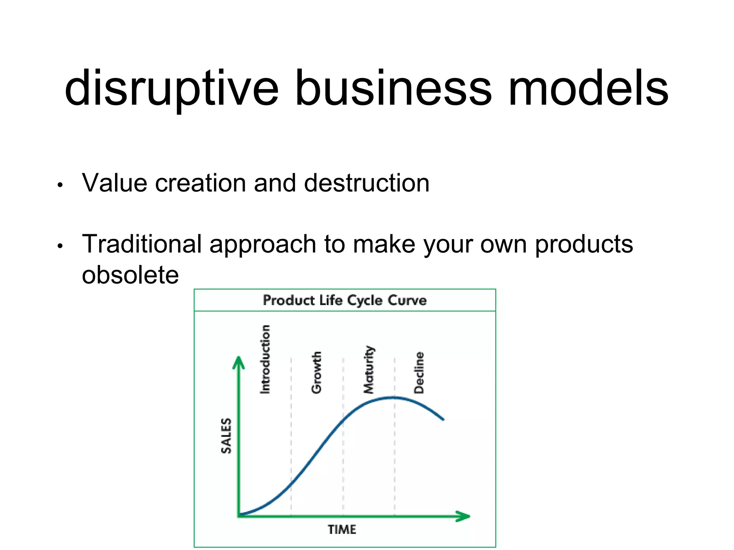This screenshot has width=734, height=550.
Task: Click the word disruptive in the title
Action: coord(171,89)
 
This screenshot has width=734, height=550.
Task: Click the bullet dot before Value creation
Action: coord(60,185)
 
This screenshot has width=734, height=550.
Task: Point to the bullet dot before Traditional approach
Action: coord(60,246)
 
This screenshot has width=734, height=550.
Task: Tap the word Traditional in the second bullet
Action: coord(142,244)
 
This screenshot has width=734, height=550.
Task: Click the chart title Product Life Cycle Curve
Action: coord(344,300)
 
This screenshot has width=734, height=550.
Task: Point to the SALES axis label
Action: coord(226,435)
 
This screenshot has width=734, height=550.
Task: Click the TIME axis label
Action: coord(342,529)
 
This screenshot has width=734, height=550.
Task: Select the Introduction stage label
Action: coord(265,360)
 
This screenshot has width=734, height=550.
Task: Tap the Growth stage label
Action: coord(316,372)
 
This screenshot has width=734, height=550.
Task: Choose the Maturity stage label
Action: coord(368,370)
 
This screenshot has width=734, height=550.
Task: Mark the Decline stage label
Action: coord(419,372)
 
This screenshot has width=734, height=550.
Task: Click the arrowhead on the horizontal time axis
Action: coord(463,516)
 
